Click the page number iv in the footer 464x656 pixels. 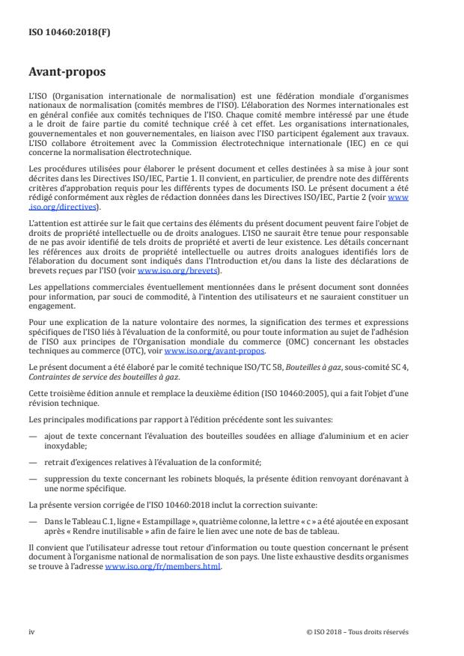(x=31, y=631)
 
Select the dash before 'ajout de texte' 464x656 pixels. (x=31, y=422)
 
